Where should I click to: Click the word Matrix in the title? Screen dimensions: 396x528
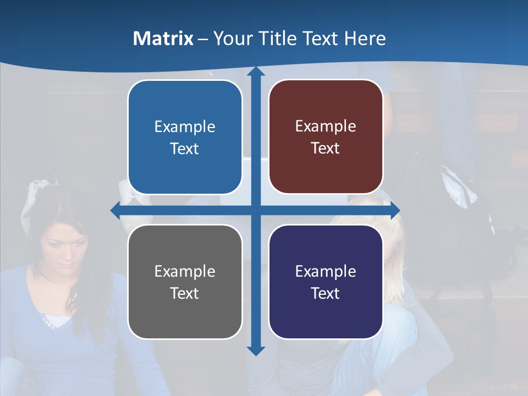pyautogui.click(x=163, y=38)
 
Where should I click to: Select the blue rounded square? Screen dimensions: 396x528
pyautogui.click(x=185, y=137)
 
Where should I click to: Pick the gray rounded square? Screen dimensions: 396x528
pyautogui.click(x=185, y=282)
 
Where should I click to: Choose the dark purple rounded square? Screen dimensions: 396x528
pyautogui.click(x=326, y=282)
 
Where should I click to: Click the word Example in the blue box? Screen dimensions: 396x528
pyautogui.click(x=185, y=127)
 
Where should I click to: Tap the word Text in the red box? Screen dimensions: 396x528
pyautogui.click(x=326, y=148)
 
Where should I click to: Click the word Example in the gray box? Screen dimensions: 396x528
pyautogui.click(x=185, y=271)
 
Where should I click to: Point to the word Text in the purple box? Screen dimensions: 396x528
pyautogui.click(x=326, y=293)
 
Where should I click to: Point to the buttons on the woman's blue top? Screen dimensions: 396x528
pyautogui.click(x=46, y=321)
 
